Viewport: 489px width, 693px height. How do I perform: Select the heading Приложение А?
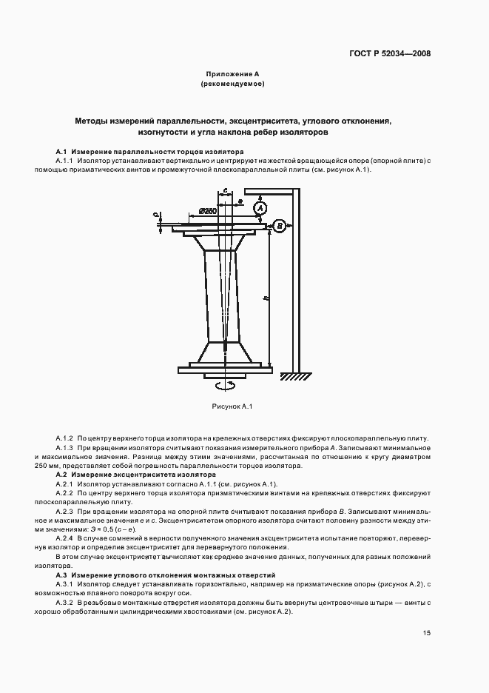232,75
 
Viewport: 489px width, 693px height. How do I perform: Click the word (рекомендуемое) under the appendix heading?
232,84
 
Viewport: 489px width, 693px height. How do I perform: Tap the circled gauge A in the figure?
260,210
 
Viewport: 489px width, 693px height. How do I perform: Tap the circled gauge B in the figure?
280,226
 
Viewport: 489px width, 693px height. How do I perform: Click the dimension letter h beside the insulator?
266,298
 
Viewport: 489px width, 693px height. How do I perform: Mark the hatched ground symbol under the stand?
295,377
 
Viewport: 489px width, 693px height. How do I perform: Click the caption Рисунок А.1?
232,406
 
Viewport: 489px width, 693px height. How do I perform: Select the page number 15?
427,633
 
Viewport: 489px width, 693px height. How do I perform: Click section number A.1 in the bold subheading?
61,150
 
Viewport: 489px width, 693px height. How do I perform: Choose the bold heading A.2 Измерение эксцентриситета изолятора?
136,474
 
